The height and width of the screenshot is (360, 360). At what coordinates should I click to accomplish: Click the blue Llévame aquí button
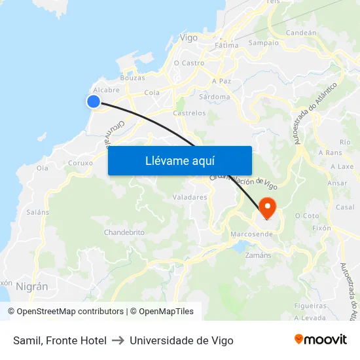coord(179,160)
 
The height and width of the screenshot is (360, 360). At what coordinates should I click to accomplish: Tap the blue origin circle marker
coord(94,101)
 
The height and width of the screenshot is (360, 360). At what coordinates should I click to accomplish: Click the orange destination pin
coord(268,207)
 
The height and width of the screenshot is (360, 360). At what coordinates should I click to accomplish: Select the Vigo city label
coord(189,38)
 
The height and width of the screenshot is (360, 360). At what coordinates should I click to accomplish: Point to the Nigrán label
coord(31,286)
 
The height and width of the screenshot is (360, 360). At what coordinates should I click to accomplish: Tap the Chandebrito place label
coord(124,232)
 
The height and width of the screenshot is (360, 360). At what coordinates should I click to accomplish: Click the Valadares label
coord(189,197)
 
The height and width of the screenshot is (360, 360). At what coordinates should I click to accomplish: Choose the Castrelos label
coord(189,113)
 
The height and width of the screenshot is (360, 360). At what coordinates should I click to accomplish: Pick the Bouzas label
coord(133,78)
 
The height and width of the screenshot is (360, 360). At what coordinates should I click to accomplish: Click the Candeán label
coord(301,32)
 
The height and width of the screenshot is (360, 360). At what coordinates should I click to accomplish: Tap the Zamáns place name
coord(258,255)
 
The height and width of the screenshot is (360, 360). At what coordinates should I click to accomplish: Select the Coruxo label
coord(81,163)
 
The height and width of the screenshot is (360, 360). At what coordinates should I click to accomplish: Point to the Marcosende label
coord(252,234)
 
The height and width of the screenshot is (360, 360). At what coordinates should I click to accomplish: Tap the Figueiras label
coord(310,306)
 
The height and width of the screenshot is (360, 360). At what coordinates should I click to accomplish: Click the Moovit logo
coord(320,340)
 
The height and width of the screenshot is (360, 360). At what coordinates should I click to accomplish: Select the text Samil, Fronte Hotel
coord(60,340)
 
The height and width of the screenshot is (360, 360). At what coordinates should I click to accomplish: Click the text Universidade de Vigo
coord(181,340)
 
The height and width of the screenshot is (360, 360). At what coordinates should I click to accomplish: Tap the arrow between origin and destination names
coord(118,340)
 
